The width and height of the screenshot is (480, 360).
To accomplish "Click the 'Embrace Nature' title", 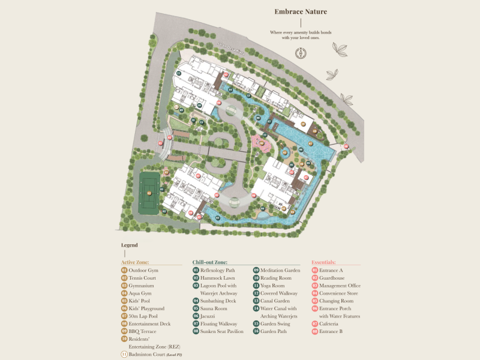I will coord(301,11).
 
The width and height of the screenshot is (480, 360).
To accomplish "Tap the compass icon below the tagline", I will coord(301,52).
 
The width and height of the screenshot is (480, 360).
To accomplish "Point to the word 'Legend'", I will coord(129,245).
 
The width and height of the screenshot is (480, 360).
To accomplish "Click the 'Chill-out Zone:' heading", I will coord(212,262).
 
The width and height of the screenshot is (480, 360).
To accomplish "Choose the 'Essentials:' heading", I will coord(323,262).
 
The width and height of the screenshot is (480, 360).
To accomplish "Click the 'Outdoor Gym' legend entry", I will coord(143,271).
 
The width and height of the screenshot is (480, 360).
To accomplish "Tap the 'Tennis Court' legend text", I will coord(143,278).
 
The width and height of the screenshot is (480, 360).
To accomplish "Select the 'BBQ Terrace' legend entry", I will coord(143,331).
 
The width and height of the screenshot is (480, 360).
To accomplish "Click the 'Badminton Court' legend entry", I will coord(155,355).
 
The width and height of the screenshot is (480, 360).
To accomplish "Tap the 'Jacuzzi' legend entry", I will coord(209,316).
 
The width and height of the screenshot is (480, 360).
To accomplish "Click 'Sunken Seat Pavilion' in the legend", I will coord(222,331).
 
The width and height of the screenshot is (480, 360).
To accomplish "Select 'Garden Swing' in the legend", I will coord(275,323).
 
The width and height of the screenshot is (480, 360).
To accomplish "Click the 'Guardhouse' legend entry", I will coord(332,278).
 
